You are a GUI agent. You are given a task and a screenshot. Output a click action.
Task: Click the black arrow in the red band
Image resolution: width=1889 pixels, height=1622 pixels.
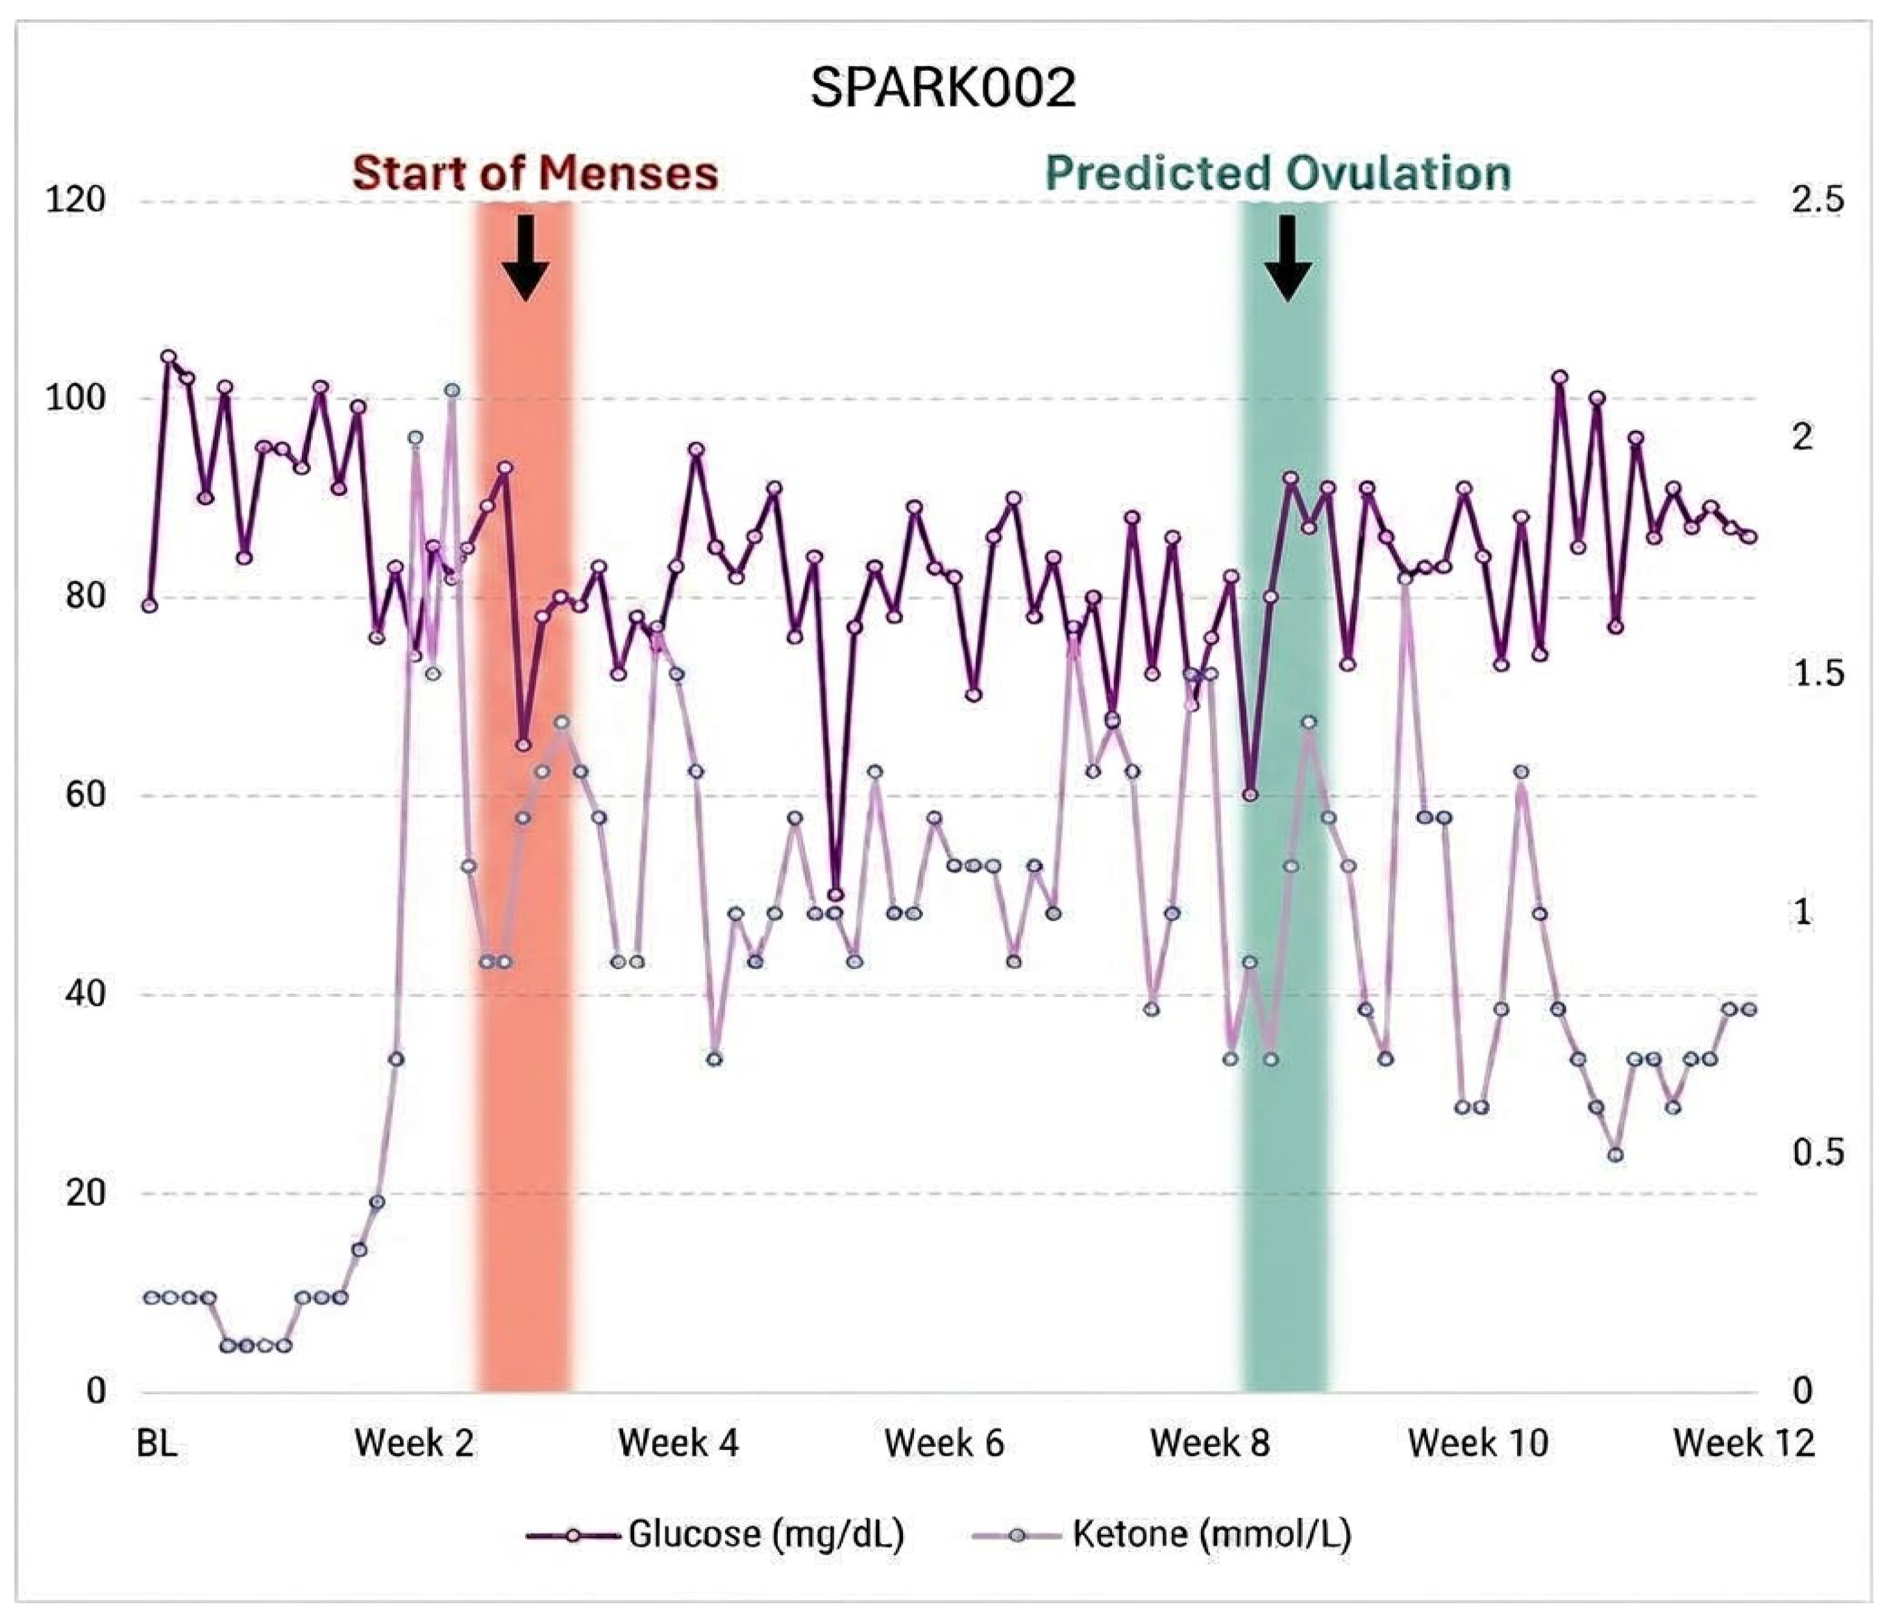point(525,258)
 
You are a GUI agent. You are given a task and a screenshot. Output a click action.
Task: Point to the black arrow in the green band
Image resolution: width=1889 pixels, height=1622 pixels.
point(1287,258)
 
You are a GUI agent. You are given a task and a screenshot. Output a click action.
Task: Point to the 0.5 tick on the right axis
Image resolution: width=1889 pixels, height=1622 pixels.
point(1817,1153)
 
